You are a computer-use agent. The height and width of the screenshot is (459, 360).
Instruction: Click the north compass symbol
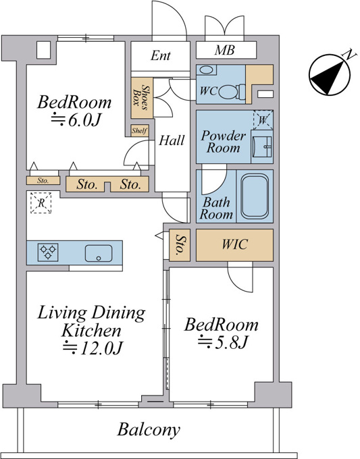point(330,74)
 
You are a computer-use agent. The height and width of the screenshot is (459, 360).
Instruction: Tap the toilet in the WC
point(232,91)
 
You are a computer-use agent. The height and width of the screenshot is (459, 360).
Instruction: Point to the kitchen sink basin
point(99,253)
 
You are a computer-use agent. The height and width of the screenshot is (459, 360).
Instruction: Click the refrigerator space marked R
point(41,202)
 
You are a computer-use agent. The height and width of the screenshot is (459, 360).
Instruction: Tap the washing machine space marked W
point(263,119)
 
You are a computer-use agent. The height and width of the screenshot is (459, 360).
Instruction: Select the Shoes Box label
point(141,97)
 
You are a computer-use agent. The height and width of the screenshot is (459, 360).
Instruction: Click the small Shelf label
point(139,130)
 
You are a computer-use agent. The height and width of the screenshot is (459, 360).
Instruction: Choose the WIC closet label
point(234,244)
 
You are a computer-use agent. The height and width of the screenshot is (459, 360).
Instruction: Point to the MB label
point(224,51)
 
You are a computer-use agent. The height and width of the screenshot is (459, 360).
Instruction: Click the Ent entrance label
point(161,55)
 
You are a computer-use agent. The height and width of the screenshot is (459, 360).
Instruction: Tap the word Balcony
point(149,430)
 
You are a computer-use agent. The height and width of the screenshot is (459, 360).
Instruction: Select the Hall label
point(172,140)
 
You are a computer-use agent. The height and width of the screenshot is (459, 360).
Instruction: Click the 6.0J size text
point(76,120)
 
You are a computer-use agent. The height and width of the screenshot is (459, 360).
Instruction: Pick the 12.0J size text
point(93,348)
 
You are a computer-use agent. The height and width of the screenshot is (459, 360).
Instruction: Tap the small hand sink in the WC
point(207,70)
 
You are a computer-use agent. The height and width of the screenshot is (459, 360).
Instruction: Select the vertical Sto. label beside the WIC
point(180,245)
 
